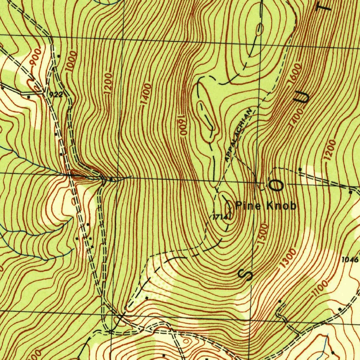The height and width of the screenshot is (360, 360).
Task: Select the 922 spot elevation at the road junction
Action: point(56,95)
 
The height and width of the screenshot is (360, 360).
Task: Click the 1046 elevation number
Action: point(350,260)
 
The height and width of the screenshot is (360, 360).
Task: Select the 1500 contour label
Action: point(263,234)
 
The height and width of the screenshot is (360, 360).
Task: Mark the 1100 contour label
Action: point(320,289)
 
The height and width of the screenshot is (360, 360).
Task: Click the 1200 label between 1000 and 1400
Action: point(108,83)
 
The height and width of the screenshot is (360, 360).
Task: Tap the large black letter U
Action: point(303,97)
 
